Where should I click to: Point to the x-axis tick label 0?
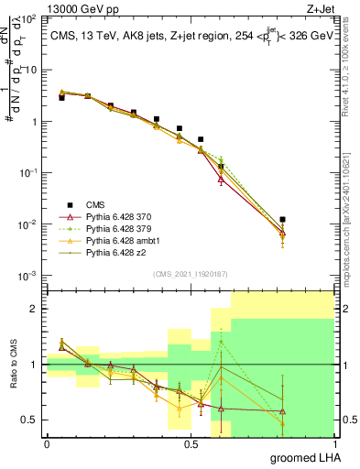(x=47, y=443)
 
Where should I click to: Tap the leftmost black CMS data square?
(x=61, y=97)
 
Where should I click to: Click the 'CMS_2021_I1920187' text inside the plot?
(x=190, y=273)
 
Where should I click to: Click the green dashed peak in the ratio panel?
(x=221, y=342)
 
